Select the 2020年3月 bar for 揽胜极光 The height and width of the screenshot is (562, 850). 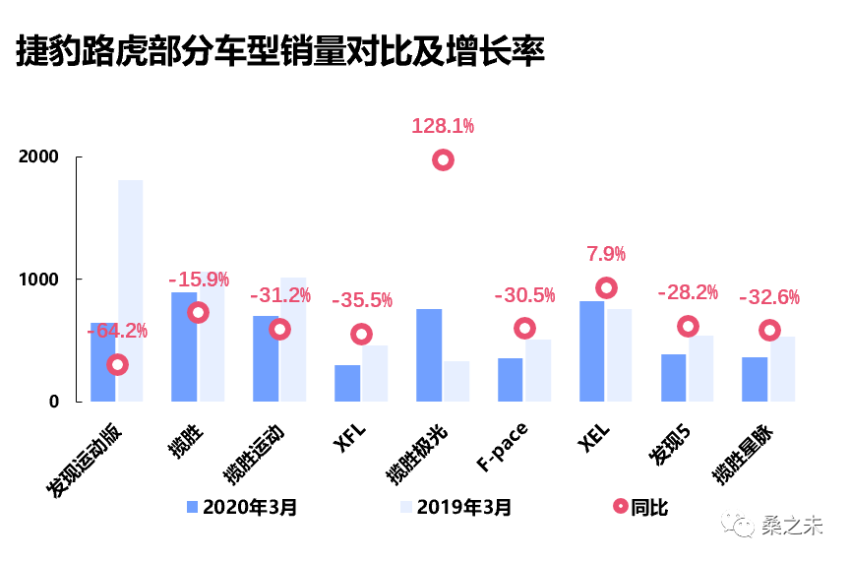coord(429,355)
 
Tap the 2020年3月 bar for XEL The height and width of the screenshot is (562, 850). coord(591,351)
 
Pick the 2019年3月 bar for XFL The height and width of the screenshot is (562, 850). coord(375,373)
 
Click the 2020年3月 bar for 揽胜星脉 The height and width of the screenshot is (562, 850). coord(755,379)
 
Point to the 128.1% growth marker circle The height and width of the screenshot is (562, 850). coord(444,160)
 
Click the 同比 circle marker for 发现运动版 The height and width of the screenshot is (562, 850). coord(118,365)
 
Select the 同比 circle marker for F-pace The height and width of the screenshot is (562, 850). coord(524,328)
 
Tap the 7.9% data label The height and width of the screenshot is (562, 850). coord(606,255)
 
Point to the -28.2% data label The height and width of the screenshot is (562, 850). coord(688,293)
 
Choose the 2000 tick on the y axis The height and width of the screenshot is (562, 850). coord(38,157)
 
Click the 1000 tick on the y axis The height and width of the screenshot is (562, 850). coord(38,280)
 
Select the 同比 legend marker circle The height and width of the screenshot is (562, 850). coord(620,507)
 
